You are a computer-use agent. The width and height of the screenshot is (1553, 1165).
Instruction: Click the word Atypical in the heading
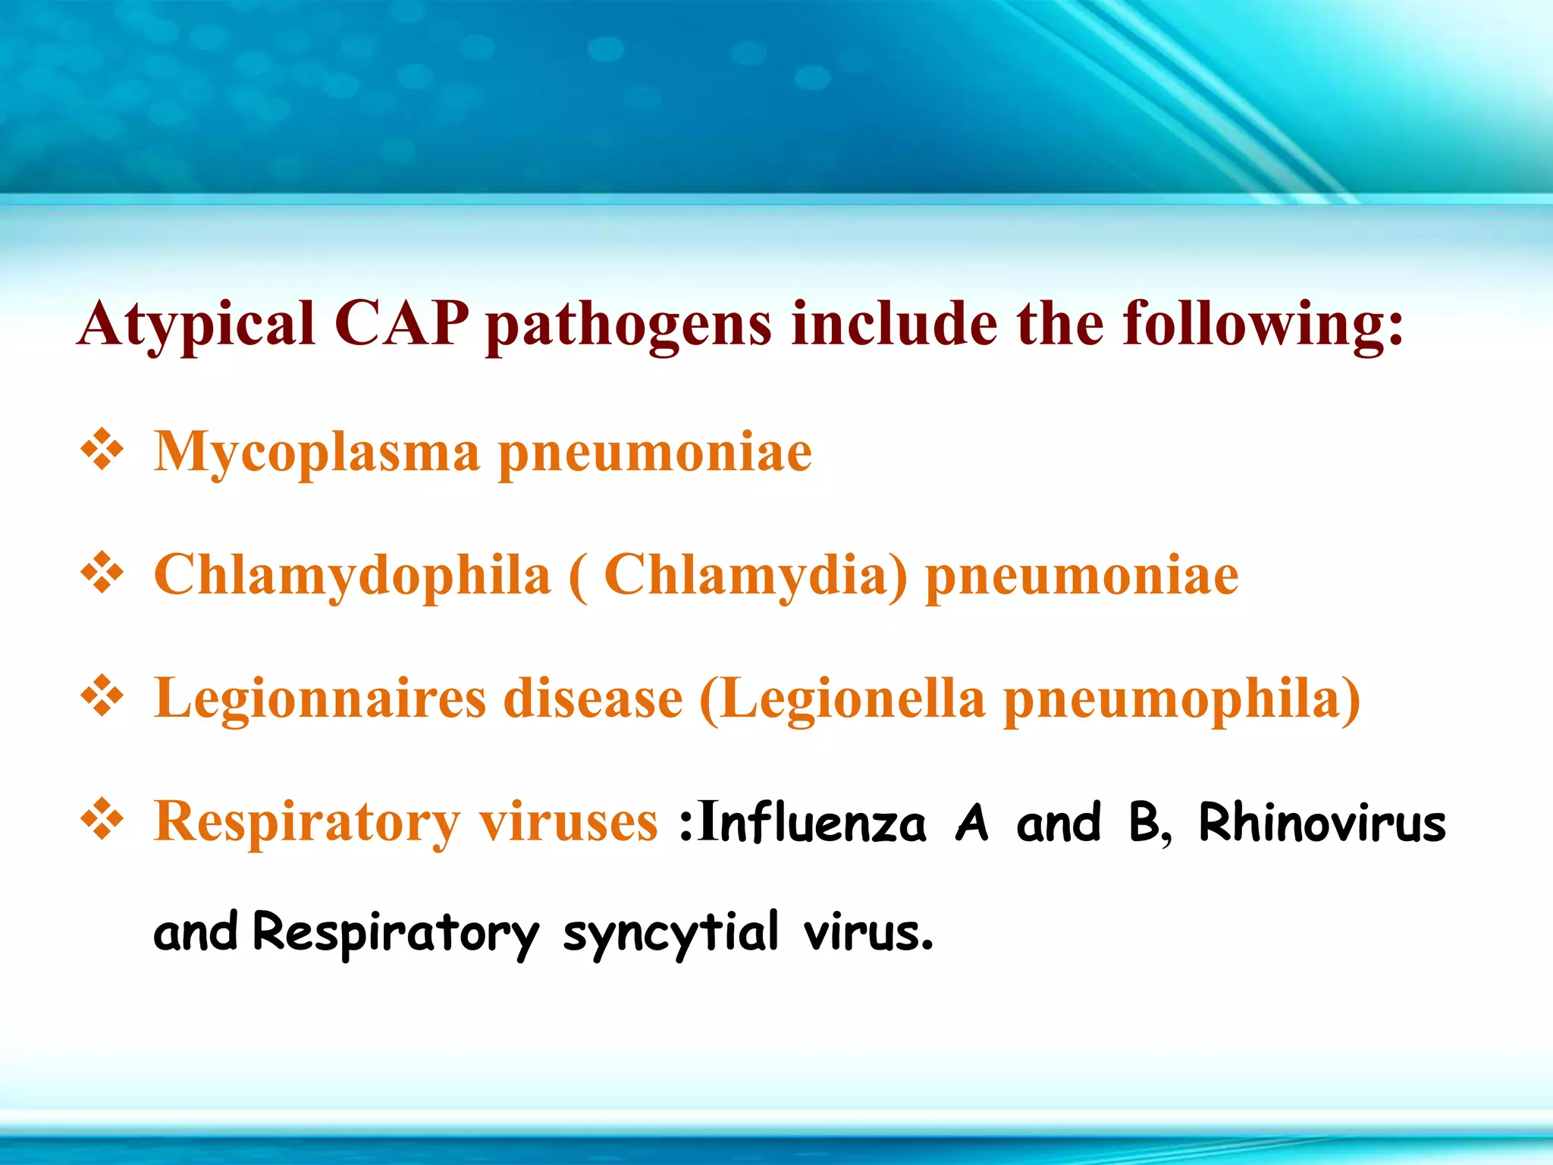(x=196, y=325)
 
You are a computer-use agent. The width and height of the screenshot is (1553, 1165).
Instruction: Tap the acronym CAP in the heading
(x=401, y=325)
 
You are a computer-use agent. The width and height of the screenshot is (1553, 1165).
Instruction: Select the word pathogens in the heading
(x=629, y=326)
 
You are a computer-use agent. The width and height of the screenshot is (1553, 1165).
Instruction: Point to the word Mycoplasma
(x=317, y=453)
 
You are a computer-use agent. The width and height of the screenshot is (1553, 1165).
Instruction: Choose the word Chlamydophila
(x=352, y=576)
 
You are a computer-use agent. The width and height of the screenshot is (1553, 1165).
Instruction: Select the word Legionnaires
(x=319, y=699)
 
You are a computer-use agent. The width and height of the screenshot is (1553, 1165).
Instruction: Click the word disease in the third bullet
(x=593, y=699)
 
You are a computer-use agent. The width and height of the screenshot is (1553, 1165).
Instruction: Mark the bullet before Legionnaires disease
(x=102, y=696)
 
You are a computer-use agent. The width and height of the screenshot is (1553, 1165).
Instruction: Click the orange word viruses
(x=568, y=822)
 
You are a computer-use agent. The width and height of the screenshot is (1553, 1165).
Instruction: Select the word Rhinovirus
(x=1322, y=823)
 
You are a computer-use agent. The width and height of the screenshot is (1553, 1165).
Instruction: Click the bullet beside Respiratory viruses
(x=102, y=819)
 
